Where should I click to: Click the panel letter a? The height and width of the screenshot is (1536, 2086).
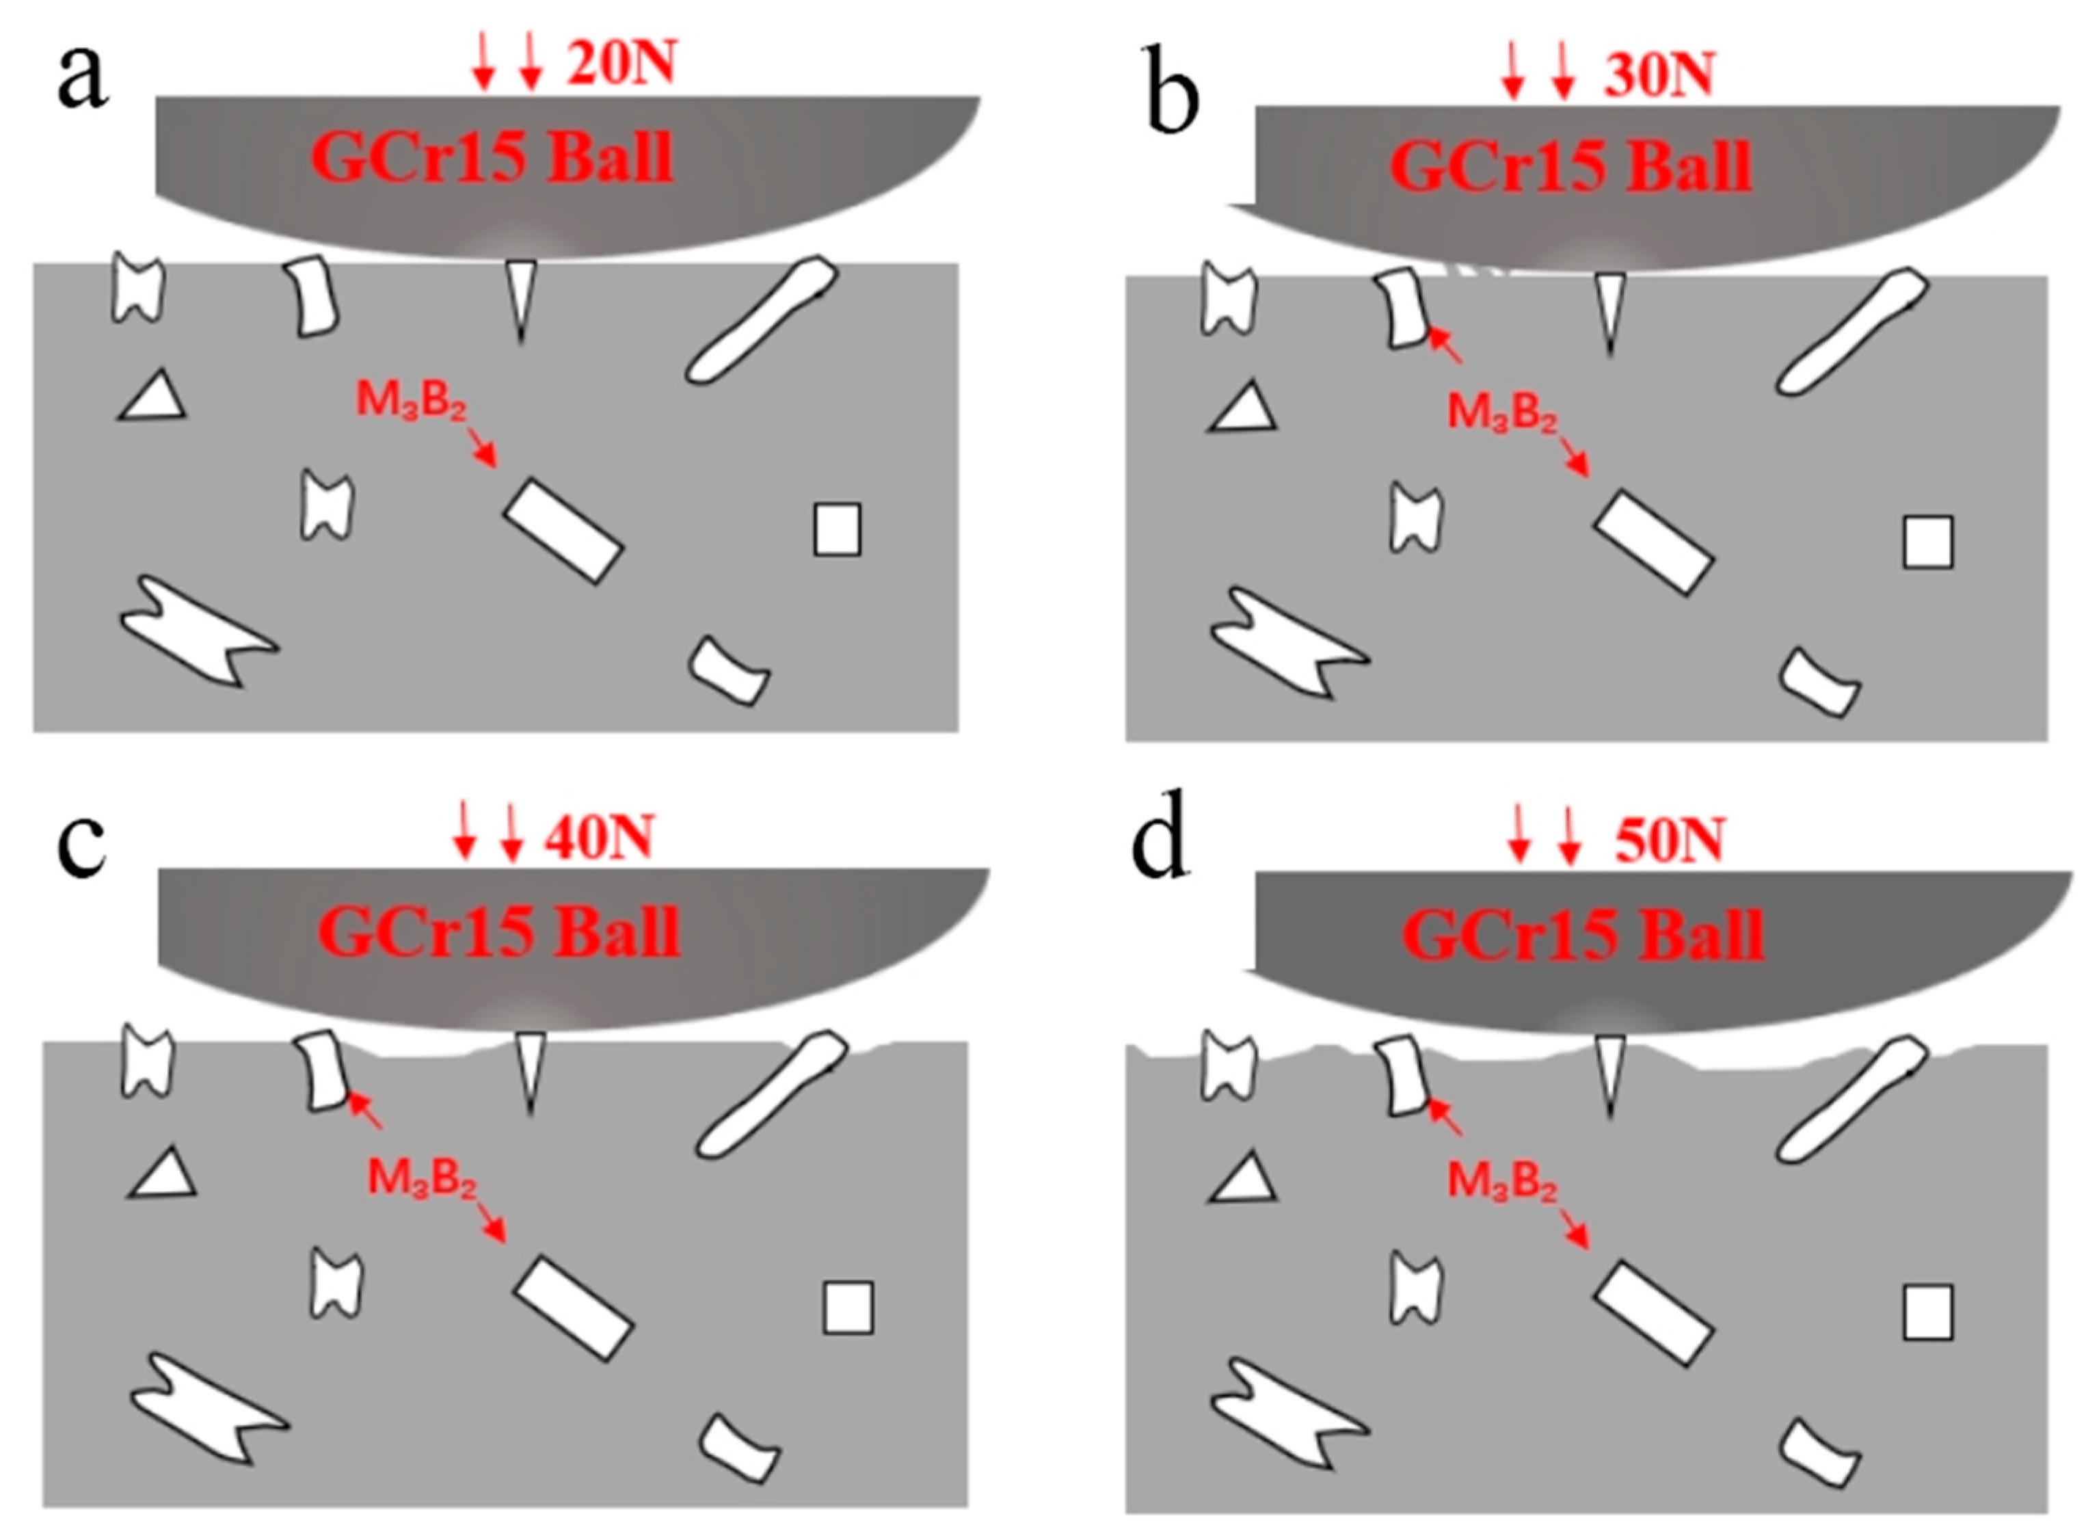click(x=82, y=76)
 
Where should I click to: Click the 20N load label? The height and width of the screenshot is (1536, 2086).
click(x=621, y=65)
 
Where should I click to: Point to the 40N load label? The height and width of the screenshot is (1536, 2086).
click(x=600, y=837)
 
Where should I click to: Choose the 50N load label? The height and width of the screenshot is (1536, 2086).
click(x=1670, y=840)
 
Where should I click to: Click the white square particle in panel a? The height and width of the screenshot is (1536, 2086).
click(x=837, y=530)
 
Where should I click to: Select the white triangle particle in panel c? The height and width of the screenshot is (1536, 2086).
click(x=163, y=1175)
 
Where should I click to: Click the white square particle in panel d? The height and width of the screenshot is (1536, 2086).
click(x=1927, y=1312)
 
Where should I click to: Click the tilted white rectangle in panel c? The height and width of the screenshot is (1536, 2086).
click(x=574, y=1308)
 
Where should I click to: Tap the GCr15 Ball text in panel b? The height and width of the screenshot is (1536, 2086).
click(x=1570, y=168)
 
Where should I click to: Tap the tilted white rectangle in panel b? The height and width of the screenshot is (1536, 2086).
click(x=1653, y=542)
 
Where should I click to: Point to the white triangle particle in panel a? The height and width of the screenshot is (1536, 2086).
click(x=153, y=399)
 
